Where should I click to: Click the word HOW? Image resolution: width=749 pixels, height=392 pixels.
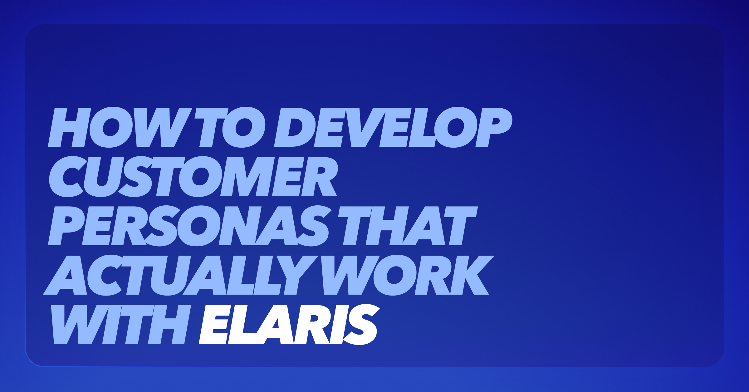click(x=120, y=127)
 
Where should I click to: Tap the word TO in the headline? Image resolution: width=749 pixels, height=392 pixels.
click(x=230, y=127)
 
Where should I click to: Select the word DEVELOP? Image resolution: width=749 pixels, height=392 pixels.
click(x=393, y=127)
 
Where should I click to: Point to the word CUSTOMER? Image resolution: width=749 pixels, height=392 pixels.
click(x=193, y=176)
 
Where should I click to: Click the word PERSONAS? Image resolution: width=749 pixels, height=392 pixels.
click(x=188, y=226)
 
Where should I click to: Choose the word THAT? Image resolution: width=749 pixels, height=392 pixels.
click(x=408, y=226)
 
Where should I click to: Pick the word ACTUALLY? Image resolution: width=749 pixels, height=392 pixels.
click(x=181, y=275)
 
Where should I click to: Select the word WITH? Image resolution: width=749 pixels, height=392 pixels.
click(x=121, y=324)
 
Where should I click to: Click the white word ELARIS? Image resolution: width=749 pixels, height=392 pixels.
click(x=289, y=324)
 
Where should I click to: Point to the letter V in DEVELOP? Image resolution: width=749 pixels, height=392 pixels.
click(x=365, y=127)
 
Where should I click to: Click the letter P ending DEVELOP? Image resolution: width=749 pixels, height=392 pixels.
click(x=494, y=127)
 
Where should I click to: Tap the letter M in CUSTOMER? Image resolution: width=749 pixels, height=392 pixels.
click(x=247, y=176)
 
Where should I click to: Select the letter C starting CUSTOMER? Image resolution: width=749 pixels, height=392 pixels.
click(x=68, y=176)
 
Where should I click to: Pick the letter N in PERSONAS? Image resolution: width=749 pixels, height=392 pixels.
click(x=240, y=226)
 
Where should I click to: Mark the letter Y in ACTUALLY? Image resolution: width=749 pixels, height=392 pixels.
click(x=297, y=275)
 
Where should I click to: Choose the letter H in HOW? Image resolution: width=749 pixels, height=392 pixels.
click(x=69, y=127)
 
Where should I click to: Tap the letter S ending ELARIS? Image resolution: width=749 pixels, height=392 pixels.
click(x=361, y=324)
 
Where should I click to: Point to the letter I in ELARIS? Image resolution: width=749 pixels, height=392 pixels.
click(x=339, y=324)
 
